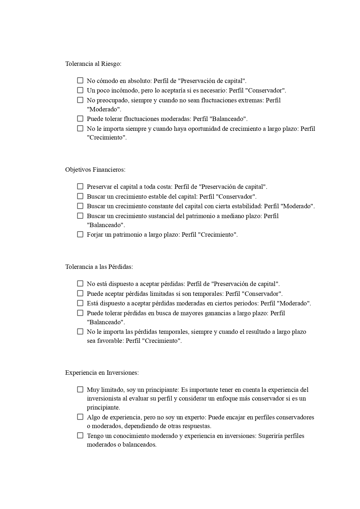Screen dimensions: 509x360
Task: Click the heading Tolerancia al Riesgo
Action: [x=93, y=64]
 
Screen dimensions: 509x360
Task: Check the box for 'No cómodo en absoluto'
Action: [x=80, y=80]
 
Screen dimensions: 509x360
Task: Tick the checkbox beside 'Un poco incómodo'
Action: [x=80, y=90]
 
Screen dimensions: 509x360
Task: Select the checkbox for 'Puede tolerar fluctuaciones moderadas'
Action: [x=80, y=119]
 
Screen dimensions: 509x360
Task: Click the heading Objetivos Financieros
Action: [x=95, y=170]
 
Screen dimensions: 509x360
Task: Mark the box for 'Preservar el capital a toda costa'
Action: [x=80, y=186]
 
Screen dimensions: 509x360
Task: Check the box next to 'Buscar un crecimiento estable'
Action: [x=80, y=196]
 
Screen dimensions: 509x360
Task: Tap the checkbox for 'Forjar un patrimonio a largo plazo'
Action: [x=80, y=234]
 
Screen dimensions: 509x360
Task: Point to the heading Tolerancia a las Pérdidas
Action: [x=99, y=267]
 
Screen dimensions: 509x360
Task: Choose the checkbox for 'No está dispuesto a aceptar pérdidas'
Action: [x=80, y=284]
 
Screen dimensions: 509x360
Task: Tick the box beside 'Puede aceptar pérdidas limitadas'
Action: [x=80, y=294]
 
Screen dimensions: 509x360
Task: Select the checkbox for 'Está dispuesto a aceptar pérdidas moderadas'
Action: [x=80, y=303]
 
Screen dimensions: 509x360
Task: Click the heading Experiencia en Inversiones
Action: [x=102, y=373]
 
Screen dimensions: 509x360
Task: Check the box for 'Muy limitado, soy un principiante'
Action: [x=80, y=390]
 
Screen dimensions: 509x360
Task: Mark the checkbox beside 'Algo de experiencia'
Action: [x=80, y=417]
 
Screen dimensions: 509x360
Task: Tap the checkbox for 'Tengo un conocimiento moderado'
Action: [x=80, y=436]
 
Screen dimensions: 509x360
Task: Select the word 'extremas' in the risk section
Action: [x=250, y=100]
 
